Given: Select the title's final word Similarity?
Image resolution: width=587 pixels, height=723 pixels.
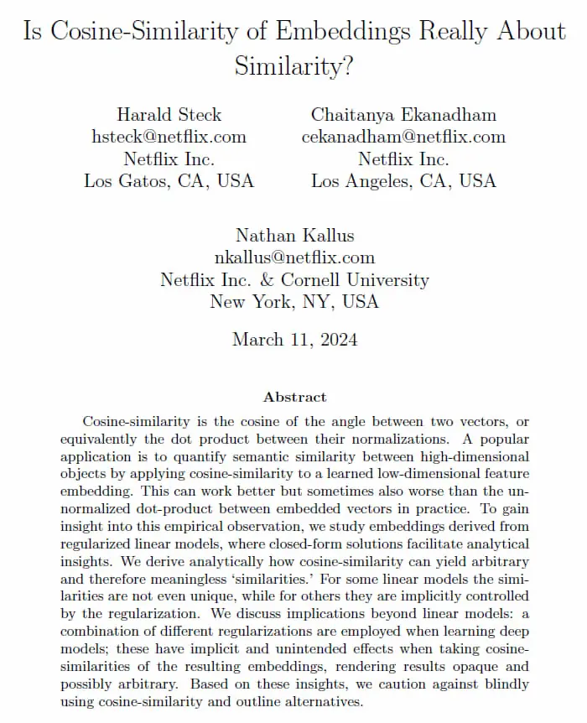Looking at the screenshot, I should (293, 66).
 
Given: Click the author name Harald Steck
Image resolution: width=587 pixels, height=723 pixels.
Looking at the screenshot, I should (169, 115).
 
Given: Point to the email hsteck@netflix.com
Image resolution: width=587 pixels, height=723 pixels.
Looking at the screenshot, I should (169, 137).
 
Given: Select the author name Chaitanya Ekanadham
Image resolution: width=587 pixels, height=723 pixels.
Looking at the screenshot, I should (403, 115).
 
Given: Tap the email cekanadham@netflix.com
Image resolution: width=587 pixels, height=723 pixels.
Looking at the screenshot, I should (403, 137).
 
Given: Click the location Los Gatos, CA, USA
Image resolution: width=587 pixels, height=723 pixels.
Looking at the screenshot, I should (169, 180).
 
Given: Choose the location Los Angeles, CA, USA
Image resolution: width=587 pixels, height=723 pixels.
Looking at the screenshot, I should (403, 180).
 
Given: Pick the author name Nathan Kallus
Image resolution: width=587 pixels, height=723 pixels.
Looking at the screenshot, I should (294, 235).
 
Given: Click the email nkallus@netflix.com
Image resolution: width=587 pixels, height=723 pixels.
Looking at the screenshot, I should (294, 257).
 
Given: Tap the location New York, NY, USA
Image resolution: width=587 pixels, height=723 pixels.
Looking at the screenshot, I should (294, 301).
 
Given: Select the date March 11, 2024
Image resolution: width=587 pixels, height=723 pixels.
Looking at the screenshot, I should (294, 340).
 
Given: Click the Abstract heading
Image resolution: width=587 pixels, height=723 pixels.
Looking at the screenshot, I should (294, 397).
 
